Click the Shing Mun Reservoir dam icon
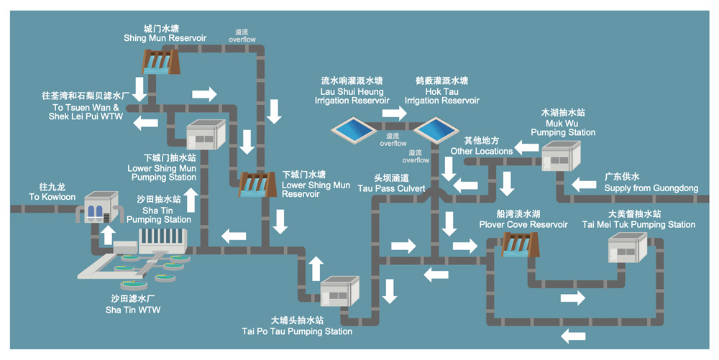158,63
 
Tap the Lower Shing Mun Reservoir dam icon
255,184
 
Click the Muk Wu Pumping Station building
561,156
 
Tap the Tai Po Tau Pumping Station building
339,292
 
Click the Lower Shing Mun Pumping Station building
206,134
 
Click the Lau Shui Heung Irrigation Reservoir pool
352,130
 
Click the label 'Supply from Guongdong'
651,188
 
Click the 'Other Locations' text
482,151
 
